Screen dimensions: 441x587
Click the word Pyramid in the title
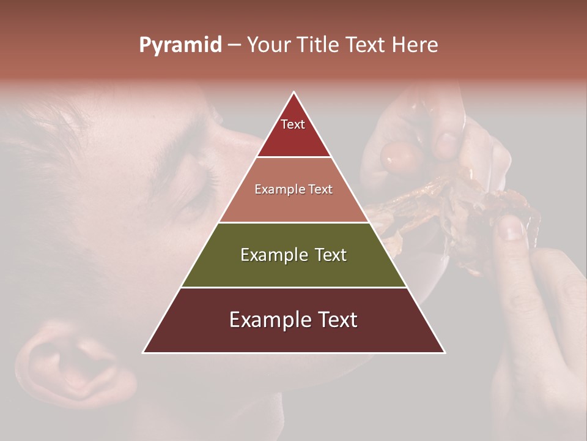[x=180, y=45]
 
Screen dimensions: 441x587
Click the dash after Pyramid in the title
[x=234, y=45]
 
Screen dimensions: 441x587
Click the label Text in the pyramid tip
[x=293, y=124]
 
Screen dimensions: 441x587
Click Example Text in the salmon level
[x=293, y=189]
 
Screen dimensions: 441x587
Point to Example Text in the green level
[x=293, y=255]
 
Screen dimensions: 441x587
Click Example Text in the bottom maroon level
[x=293, y=320]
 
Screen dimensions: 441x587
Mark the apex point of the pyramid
[x=294, y=92]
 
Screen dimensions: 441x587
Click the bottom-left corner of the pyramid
[x=144, y=352]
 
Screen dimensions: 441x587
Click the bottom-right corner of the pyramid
[x=445, y=352]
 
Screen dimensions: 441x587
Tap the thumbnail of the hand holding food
[x=511, y=228]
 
